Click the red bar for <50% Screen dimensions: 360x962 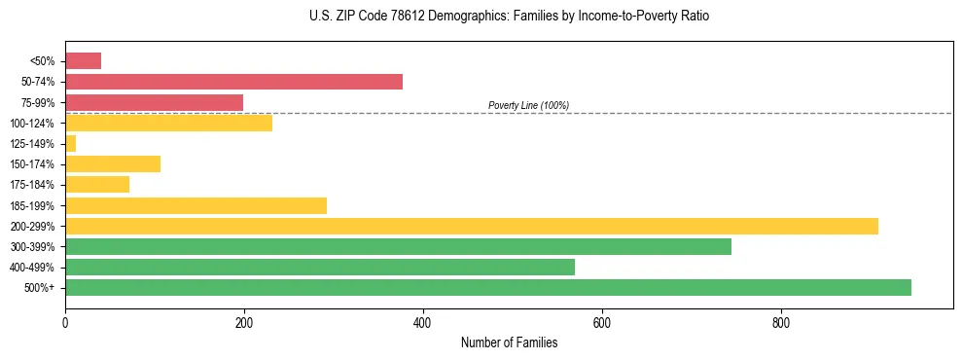(x=83, y=60)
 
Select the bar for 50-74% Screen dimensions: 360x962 (x=233, y=82)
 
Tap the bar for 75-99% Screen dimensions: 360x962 (x=154, y=102)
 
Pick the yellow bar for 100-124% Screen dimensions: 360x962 (x=168, y=123)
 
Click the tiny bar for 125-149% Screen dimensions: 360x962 (x=70, y=144)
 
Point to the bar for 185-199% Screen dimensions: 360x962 (x=196, y=205)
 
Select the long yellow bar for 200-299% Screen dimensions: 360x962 (x=472, y=226)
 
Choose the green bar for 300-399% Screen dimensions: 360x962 (x=398, y=246)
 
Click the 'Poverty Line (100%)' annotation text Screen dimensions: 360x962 (x=528, y=105)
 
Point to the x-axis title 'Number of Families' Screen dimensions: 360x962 (x=510, y=342)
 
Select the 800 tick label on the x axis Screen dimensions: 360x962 (x=781, y=323)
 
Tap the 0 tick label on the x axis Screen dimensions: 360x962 (x=65, y=323)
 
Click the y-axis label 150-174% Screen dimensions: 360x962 (x=31, y=164)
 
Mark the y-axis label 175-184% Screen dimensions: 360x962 (x=31, y=185)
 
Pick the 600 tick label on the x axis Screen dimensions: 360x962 (x=602, y=323)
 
